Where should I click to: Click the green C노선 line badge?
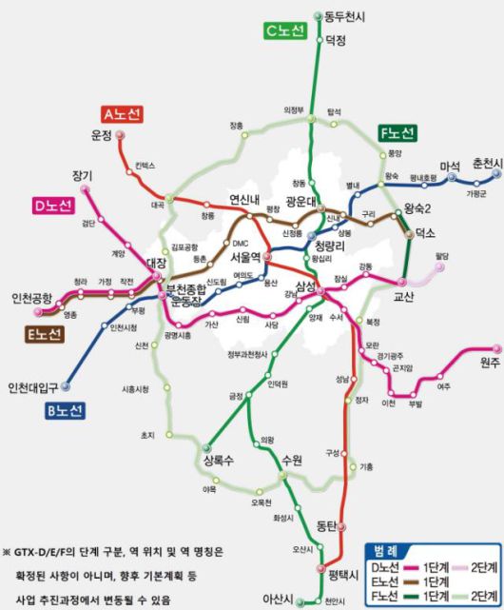coord(283,31)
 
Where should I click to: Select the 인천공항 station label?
coord(31,298)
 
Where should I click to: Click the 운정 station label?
coord(103,135)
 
